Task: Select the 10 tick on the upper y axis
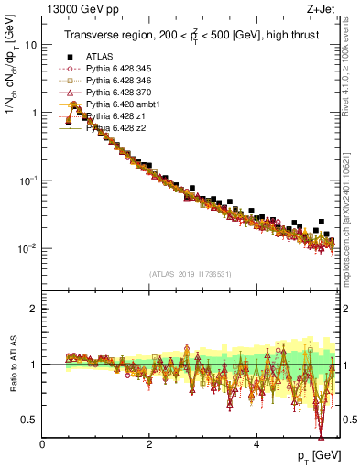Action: coord(31,45)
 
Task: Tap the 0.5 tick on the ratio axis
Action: coord(30,420)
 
